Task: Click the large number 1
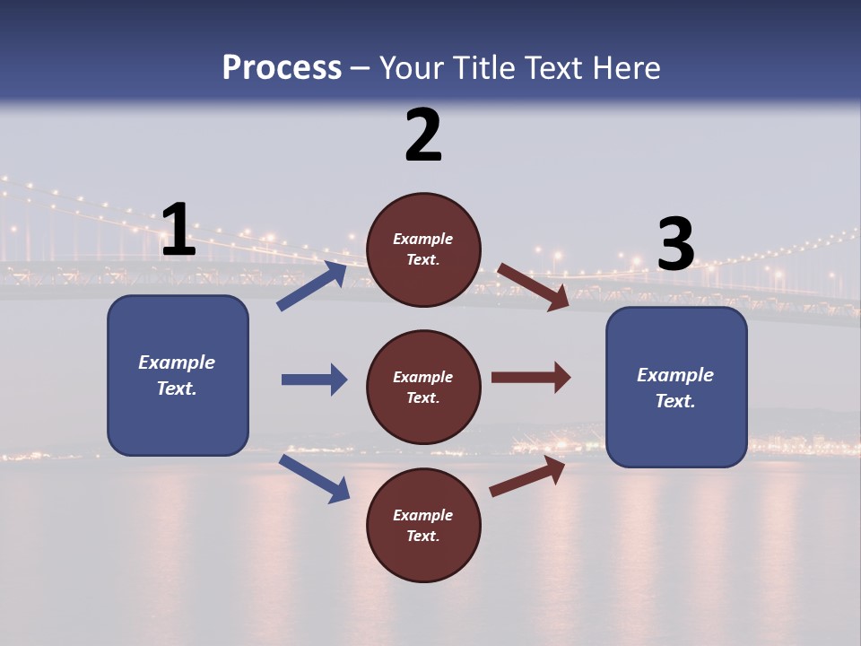178,231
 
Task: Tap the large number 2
423,135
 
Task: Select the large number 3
675,245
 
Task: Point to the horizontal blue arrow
314,380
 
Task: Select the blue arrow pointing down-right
314,478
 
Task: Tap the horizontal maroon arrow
530,378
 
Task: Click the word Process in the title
282,67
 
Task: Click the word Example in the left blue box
177,362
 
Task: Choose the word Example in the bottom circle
423,515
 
